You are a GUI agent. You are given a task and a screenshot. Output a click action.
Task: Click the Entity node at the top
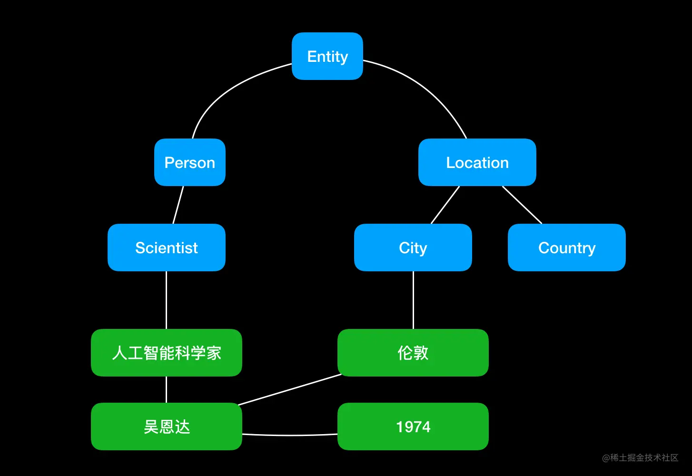coord(327,56)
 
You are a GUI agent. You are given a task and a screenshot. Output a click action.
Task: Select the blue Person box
coord(189,162)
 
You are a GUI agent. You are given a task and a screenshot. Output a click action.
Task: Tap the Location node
coord(477,162)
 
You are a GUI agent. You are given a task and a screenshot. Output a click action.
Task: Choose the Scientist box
coord(166,248)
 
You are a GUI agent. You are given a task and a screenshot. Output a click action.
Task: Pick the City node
coord(413,248)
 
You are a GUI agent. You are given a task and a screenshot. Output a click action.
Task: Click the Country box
coord(566,248)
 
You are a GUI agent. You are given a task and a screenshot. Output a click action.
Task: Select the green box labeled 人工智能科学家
coord(166,353)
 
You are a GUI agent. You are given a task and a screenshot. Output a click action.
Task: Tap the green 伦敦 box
coord(413,353)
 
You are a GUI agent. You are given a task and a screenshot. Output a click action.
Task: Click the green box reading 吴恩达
coord(166,426)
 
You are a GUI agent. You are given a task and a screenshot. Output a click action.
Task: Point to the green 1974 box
coord(413,426)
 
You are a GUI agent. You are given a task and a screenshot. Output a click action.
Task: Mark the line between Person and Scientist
coord(178,205)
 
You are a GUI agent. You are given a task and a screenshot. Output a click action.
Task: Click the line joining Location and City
coord(445,205)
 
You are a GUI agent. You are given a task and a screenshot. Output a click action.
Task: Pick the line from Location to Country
coord(522,205)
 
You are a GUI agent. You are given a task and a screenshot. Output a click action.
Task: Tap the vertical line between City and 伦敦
coord(413,300)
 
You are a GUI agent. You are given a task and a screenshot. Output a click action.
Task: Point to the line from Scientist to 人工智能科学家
coord(166,300)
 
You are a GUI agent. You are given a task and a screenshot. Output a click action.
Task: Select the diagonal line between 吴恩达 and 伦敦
coord(289,390)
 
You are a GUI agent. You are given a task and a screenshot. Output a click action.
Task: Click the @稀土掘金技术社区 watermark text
coord(640,457)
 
